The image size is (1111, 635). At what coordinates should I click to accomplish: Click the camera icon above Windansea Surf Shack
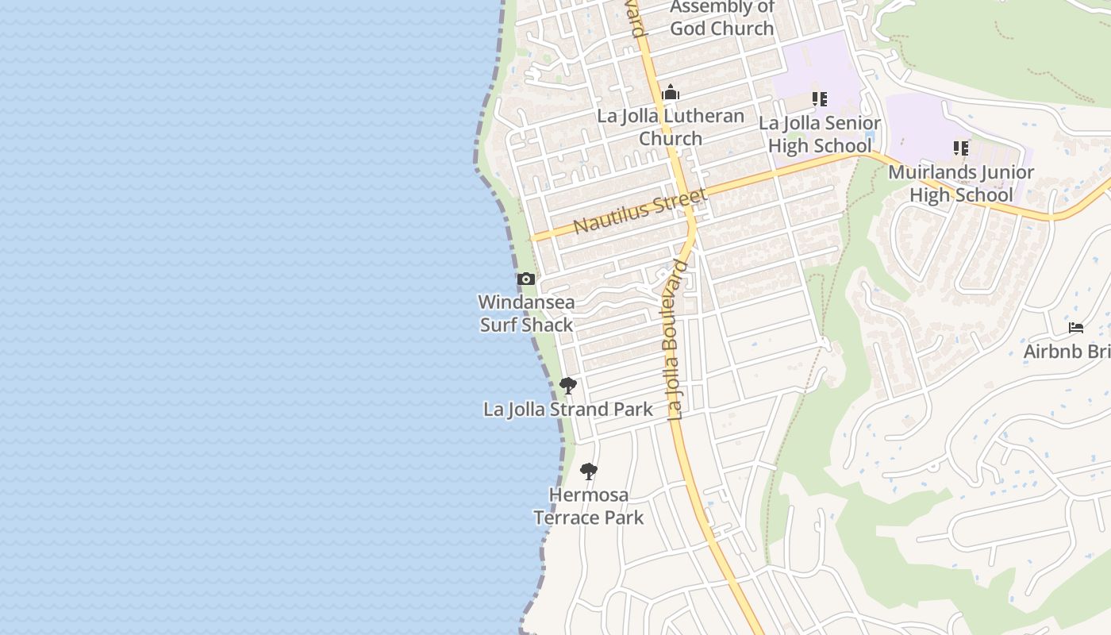(525, 279)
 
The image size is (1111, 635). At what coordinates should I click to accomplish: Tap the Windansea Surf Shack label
(527, 314)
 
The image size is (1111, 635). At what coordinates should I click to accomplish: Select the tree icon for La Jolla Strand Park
(567, 387)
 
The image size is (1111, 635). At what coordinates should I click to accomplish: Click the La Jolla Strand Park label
(568, 410)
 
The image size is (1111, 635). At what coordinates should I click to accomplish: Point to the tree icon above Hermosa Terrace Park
(588, 471)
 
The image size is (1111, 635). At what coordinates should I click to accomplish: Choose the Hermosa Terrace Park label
(588, 506)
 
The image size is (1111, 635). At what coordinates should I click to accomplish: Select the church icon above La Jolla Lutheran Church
(671, 93)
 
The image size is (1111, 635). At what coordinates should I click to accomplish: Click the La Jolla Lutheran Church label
(671, 127)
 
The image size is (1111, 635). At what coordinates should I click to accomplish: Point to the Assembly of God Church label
(721, 18)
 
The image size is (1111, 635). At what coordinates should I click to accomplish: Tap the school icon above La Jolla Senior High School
(819, 99)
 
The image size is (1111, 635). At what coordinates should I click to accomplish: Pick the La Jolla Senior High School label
(819, 134)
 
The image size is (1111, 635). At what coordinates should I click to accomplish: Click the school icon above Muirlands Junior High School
(960, 148)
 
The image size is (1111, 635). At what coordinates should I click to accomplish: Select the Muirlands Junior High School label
(960, 183)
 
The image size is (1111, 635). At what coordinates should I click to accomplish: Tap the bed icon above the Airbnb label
(1076, 328)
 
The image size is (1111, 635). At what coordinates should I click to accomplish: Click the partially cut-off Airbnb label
(1067, 351)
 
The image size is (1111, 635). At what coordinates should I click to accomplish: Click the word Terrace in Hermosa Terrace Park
(565, 518)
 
